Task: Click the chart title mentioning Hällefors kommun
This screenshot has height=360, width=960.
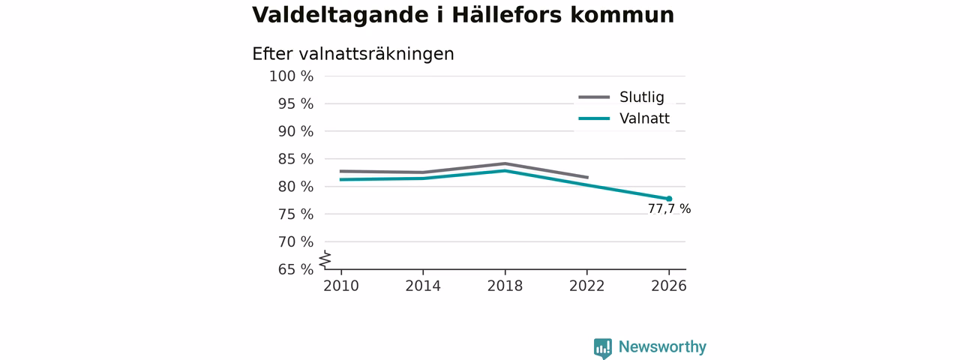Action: pyautogui.click(x=463, y=16)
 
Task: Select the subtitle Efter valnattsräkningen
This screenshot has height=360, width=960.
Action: pyautogui.click(x=352, y=55)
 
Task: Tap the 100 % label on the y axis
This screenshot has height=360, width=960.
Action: pyautogui.click(x=292, y=76)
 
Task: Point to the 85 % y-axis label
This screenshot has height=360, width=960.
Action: pyautogui.click(x=295, y=159)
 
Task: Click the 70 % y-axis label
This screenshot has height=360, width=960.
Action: pyautogui.click(x=295, y=241)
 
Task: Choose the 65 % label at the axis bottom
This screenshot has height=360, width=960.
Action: pyautogui.click(x=295, y=269)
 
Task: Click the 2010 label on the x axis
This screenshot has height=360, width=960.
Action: pyautogui.click(x=341, y=286)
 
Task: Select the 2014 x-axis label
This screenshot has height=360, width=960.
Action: pyautogui.click(x=423, y=286)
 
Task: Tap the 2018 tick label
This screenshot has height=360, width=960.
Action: pyautogui.click(x=505, y=286)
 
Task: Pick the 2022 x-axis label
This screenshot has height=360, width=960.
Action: pyautogui.click(x=586, y=286)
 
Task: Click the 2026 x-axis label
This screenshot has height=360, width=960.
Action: pyautogui.click(x=668, y=286)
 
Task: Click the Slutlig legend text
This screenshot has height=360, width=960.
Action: pyautogui.click(x=641, y=97)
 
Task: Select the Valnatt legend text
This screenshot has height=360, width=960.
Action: pyautogui.click(x=644, y=118)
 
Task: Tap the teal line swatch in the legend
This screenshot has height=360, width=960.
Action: pyautogui.click(x=594, y=118)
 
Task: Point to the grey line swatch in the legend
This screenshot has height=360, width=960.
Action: pyautogui.click(x=594, y=97)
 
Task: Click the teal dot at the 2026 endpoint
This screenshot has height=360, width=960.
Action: pyautogui.click(x=669, y=199)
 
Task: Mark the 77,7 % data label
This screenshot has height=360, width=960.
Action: pyautogui.click(x=669, y=208)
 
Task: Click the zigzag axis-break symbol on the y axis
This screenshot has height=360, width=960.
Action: pyautogui.click(x=325, y=259)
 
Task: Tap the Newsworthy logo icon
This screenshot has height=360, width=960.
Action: pyautogui.click(x=603, y=348)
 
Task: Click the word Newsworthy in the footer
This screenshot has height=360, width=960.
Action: pyautogui.click(x=662, y=346)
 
